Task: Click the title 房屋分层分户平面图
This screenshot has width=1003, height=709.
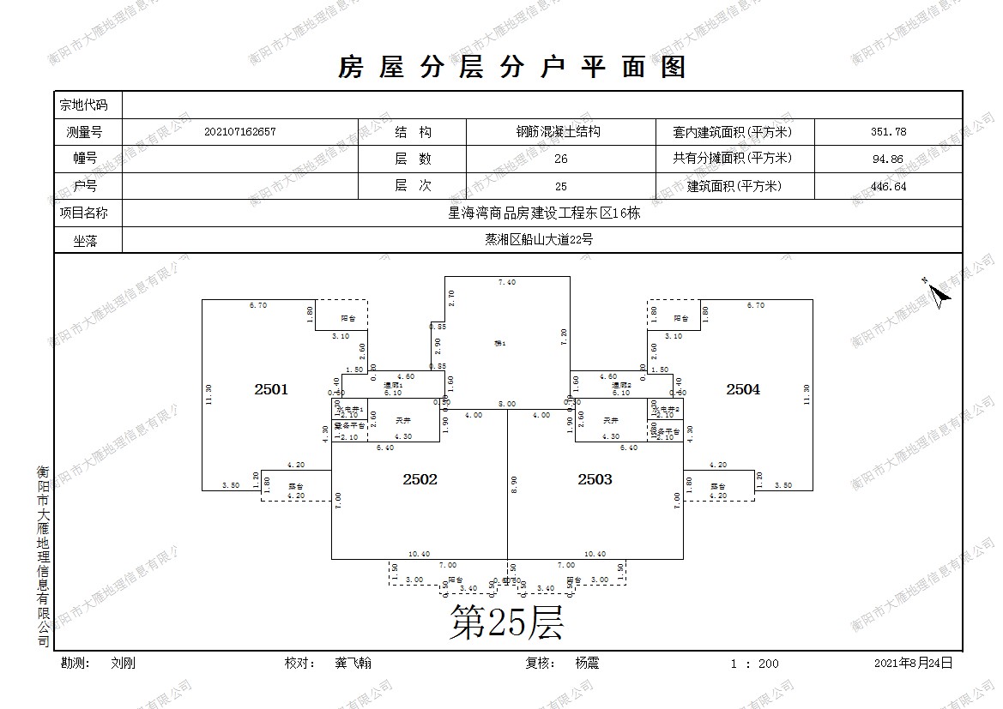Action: click(x=512, y=67)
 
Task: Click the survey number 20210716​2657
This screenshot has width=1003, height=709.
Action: click(x=240, y=132)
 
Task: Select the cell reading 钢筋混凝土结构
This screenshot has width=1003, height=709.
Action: click(x=557, y=132)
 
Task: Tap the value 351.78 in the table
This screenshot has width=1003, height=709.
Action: click(x=887, y=132)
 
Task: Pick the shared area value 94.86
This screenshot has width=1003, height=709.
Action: click(x=887, y=159)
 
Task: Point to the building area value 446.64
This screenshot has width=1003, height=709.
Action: click(x=887, y=186)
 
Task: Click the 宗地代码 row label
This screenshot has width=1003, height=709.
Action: click(x=83, y=105)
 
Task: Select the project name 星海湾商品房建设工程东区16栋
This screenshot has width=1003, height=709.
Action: click(x=544, y=213)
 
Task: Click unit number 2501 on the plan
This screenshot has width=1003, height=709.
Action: click(x=271, y=389)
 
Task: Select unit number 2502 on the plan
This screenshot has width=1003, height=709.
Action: click(x=420, y=480)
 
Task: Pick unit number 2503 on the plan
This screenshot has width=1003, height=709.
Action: click(x=595, y=480)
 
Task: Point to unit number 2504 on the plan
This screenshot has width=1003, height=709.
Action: click(x=743, y=389)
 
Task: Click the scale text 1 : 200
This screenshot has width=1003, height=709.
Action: click(x=754, y=664)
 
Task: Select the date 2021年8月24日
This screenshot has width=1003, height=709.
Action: click(x=913, y=664)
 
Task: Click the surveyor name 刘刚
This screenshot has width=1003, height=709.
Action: click(x=123, y=664)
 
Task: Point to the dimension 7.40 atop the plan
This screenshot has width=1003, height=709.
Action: click(x=507, y=282)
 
